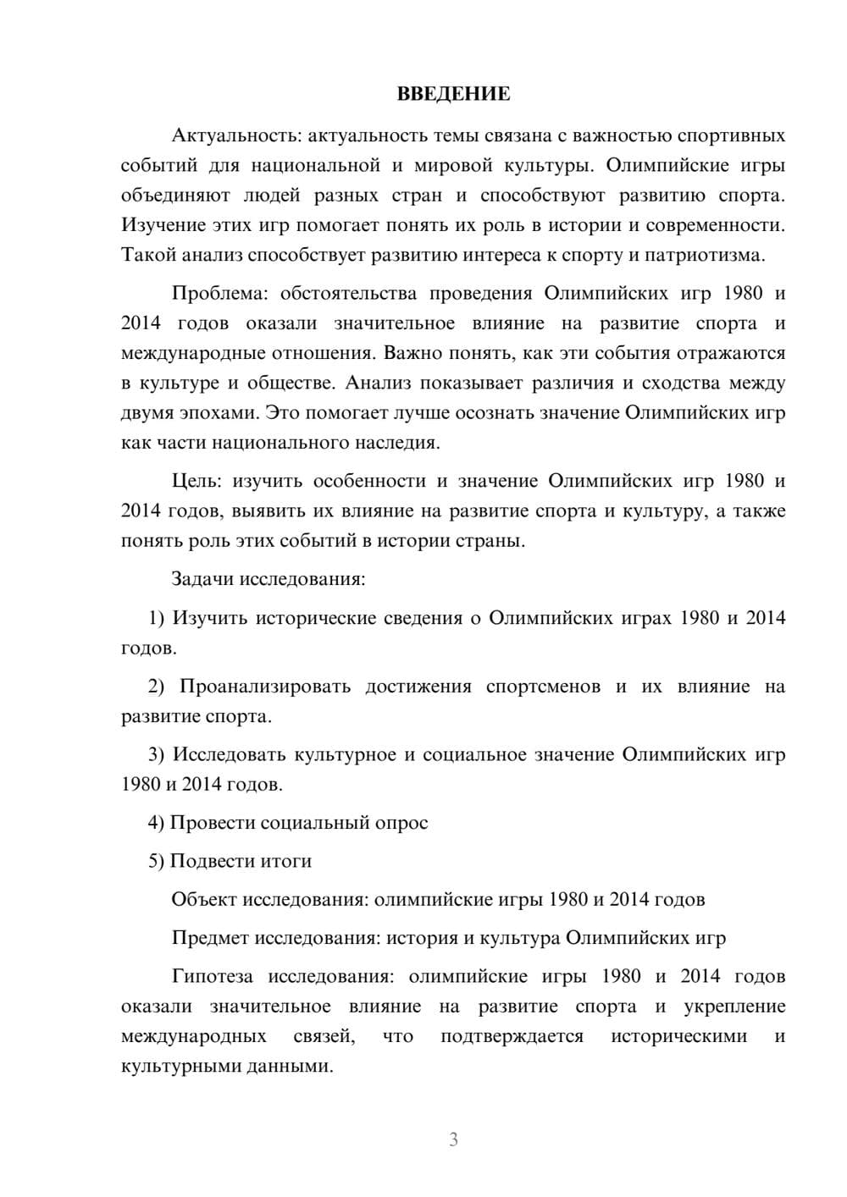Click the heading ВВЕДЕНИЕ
(453, 94)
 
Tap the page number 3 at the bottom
(453, 1139)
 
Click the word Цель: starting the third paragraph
(197, 481)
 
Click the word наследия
(401, 443)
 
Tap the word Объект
(203, 899)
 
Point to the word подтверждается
(512, 1036)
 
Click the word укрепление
(734, 1007)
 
